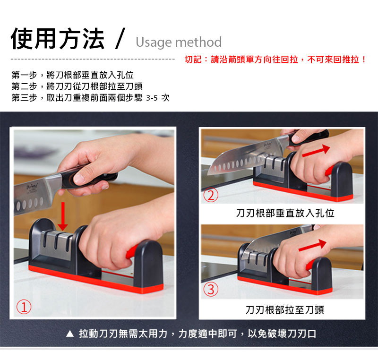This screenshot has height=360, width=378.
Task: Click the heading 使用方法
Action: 58,39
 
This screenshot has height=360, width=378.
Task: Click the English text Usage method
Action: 179,42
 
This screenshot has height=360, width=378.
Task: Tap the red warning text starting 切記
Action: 275,59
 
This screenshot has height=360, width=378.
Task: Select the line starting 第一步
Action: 73,75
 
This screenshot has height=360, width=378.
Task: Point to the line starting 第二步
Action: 77,86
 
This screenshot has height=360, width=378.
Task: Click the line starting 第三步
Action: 91,98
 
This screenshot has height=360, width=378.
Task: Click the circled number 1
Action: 24,307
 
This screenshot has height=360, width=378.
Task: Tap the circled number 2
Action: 211,195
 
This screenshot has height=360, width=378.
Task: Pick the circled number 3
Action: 211,290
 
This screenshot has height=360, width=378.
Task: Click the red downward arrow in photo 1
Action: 63,216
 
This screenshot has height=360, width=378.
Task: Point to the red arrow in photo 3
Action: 312,245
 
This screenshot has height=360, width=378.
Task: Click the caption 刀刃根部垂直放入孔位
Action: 285,213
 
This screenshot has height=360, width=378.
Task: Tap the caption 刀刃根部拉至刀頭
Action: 285,310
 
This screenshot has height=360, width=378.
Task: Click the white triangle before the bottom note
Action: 70,334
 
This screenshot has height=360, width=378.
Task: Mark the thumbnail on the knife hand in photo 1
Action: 79,178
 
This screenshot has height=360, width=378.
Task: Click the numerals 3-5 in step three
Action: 152,98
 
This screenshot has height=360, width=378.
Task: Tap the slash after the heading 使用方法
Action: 120,39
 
